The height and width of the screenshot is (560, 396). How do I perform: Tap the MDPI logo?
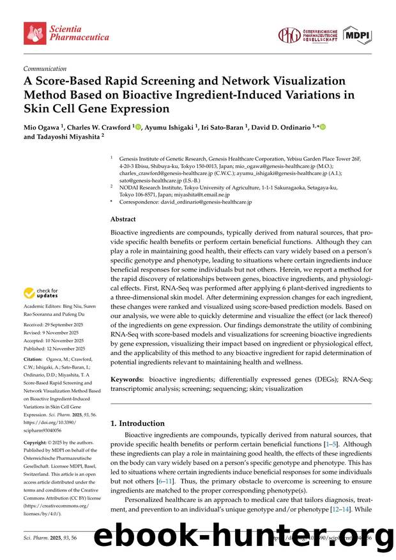click(358, 36)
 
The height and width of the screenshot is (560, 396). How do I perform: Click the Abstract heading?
click(124, 219)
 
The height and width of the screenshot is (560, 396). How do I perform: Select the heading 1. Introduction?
click(138, 423)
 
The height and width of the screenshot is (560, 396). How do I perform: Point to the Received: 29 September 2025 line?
click(55, 325)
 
